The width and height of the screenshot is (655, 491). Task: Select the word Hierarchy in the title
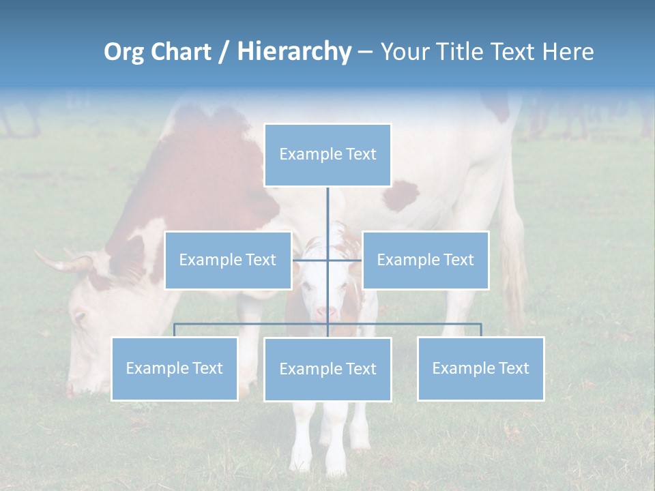[x=293, y=52]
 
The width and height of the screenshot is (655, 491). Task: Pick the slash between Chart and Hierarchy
[x=223, y=53]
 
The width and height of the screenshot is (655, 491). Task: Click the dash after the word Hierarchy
[x=365, y=53]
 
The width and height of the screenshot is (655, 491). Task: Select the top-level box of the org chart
[x=327, y=155]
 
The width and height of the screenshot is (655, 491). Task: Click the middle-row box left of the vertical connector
[x=228, y=260]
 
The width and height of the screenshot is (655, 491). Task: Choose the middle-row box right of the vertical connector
[x=425, y=260]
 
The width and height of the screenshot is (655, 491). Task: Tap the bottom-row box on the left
[x=175, y=368]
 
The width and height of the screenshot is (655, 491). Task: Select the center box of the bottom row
[x=327, y=369]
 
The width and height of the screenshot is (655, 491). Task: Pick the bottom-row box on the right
[x=480, y=368]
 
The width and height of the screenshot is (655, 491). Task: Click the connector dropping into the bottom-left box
[x=175, y=330]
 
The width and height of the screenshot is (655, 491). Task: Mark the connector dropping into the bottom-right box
[x=480, y=330]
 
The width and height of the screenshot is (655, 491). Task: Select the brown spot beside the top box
[x=401, y=196]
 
